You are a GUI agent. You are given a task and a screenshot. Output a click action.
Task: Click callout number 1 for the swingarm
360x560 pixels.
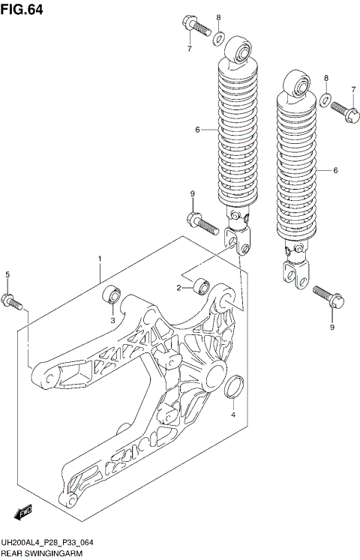99,259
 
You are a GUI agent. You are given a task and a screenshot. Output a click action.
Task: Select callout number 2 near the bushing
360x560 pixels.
180,288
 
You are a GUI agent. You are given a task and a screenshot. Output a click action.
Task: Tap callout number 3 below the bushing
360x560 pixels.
113,320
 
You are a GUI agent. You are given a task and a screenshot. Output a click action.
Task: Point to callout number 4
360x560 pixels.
232,414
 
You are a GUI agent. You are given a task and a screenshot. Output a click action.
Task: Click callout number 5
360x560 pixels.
7,275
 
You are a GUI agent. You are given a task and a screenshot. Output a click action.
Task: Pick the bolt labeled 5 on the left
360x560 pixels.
13,302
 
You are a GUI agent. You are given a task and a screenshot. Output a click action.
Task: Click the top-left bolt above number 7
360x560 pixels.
194,26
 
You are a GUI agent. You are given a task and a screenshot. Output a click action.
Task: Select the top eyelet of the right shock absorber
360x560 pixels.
298,86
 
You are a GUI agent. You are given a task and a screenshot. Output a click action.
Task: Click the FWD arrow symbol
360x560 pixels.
22,512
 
